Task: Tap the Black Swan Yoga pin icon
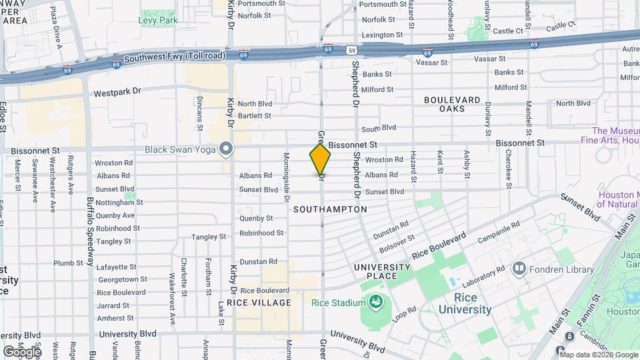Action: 226,149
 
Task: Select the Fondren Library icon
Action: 519,269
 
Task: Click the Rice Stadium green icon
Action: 375,303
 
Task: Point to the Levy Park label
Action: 157,21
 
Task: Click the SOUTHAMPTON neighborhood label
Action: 330,209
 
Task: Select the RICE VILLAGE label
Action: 259,303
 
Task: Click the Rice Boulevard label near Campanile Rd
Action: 438,246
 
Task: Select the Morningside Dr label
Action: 286,177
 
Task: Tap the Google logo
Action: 22,351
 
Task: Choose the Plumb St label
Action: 68,263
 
